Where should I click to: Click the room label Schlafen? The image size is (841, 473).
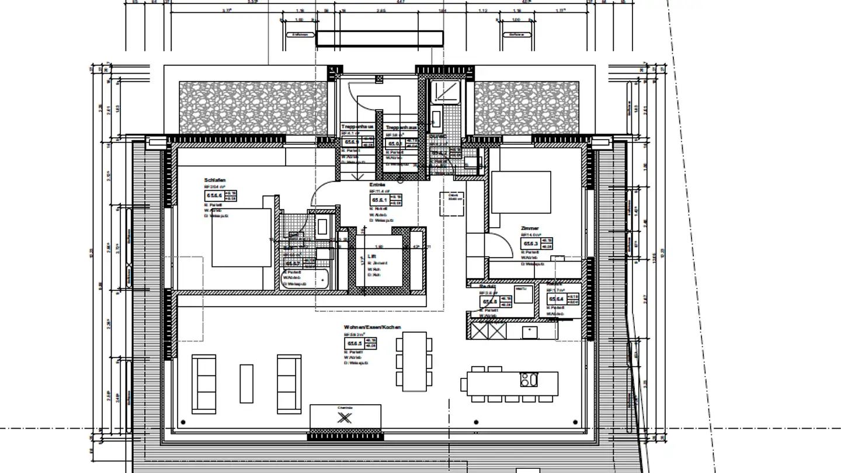pyautogui.click(x=215, y=180)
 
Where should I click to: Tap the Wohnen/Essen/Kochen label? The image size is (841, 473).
pyautogui.click(x=373, y=328)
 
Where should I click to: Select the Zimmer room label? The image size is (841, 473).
pyautogui.click(x=530, y=228)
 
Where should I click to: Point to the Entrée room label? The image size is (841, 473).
pyautogui.click(x=377, y=185)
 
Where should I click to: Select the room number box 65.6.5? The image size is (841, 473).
pyautogui.click(x=355, y=343)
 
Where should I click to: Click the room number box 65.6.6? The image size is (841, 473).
pyautogui.click(x=214, y=196)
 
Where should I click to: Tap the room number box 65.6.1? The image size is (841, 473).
pyautogui.click(x=380, y=200)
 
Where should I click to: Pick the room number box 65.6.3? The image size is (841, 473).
pyautogui.click(x=530, y=244)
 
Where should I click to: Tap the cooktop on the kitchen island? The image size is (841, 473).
pyautogui.click(x=529, y=380)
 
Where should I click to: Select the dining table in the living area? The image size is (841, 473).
pyautogui.click(x=415, y=361)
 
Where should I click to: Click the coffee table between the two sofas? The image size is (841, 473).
pyautogui.click(x=246, y=384)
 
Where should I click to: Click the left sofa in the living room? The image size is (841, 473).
pyautogui.click(x=204, y=384)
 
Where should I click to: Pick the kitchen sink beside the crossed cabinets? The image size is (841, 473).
pyautogui.click(x=530, y=331)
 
